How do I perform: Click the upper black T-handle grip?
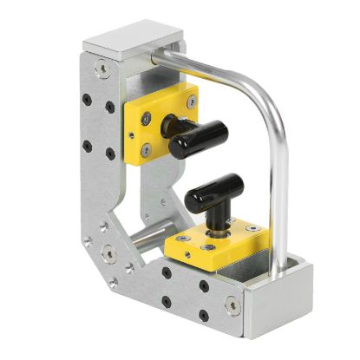[x=199, y=137]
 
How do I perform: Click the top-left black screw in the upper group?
[x=85, y=91]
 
